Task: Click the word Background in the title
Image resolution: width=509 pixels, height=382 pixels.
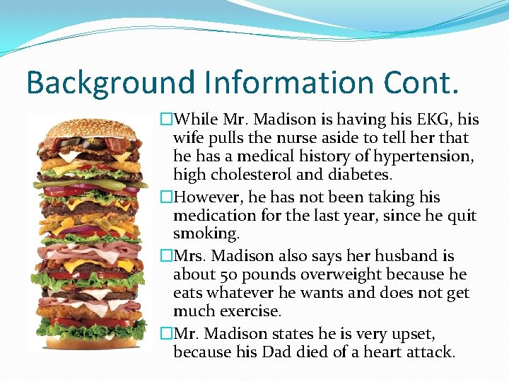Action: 110,83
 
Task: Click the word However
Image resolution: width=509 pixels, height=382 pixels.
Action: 206,197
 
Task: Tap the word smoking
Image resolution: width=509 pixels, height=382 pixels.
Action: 203,234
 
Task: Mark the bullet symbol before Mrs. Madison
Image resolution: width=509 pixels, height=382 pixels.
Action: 166,256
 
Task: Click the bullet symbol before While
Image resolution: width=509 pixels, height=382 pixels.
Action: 166,119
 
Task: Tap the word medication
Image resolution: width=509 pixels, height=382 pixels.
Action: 213,216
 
